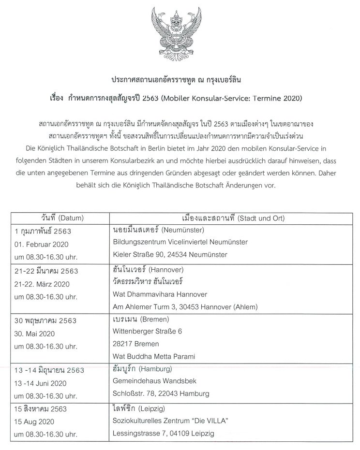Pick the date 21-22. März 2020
tap(43, 283)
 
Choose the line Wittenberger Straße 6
tap(147, 331)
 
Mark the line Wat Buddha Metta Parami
tap(153, 356)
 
